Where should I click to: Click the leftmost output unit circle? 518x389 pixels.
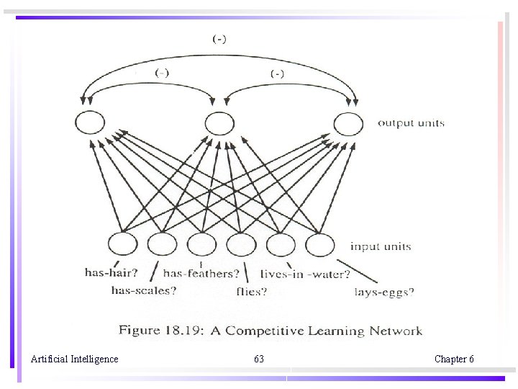pos(90,123)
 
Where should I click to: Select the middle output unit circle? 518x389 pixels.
pos(219,123)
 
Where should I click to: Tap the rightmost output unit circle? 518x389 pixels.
pos(349,124)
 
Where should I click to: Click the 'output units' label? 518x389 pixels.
pos(412,123)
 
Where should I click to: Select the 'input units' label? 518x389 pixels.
pos(381,246)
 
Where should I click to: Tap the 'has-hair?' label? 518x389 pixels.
pos(111,272)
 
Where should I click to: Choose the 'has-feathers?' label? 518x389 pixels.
pos(201,274)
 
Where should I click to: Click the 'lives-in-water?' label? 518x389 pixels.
pos(305,274)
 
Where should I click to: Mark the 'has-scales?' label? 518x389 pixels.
pos(144,291)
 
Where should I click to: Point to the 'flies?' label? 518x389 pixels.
pos(251,292)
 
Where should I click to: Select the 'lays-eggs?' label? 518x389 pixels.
pos(384,292)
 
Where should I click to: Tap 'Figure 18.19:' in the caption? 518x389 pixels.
pos(153,331)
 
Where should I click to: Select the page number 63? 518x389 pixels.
pos(259,359)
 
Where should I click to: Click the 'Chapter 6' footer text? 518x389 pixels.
pos(454,359)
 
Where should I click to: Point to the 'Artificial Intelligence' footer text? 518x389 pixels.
pos(75,359)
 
